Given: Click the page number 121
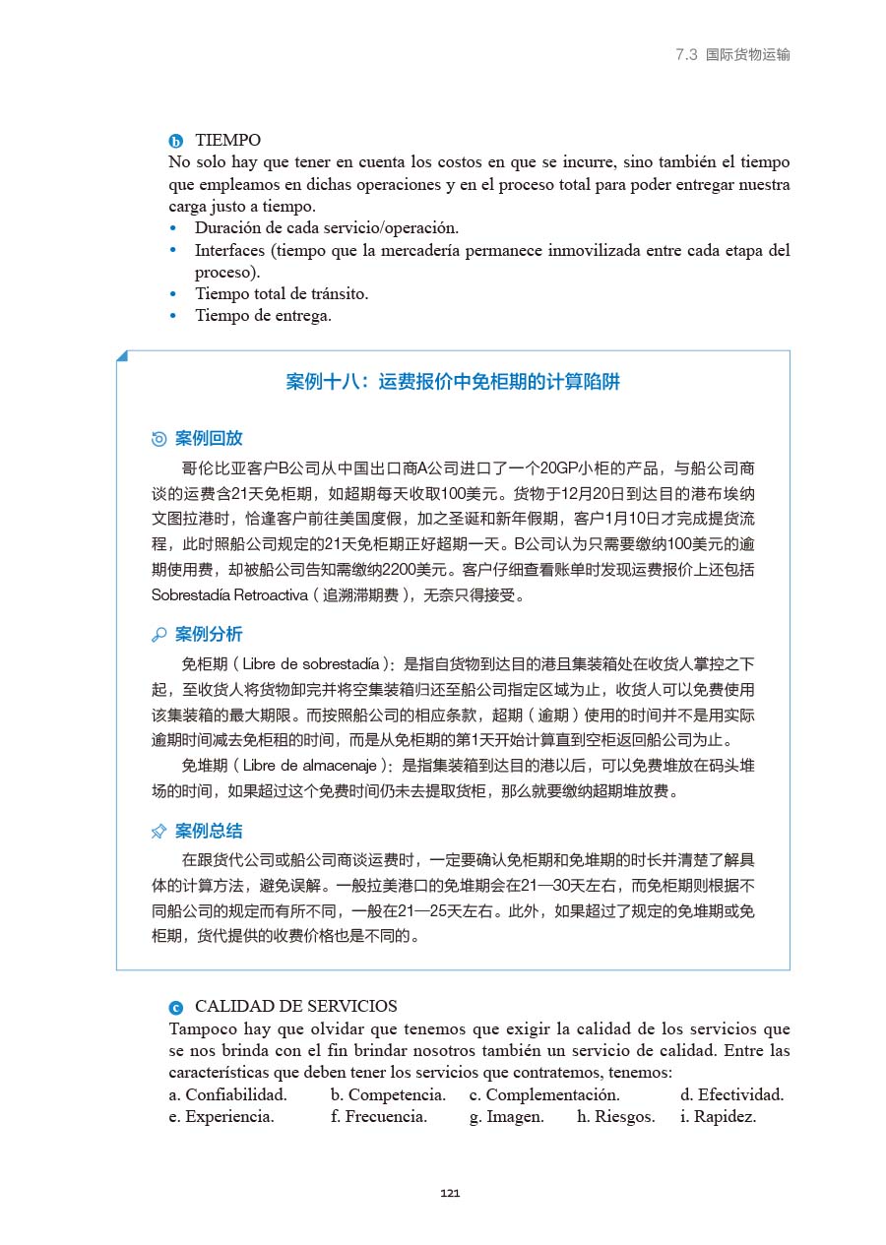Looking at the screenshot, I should coord(450,1194).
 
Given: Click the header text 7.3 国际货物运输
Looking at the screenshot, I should coord(732,55).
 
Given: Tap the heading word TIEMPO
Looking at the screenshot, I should coord(227,141).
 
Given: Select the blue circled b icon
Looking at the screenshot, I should coord(176,142).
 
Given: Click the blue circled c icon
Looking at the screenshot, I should coord(176,1007).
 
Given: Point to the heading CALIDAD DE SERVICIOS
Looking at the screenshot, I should coord(295,1006).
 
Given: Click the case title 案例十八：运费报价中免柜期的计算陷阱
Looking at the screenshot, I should coord(453,382).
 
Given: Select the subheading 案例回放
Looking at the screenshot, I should coord(208,438).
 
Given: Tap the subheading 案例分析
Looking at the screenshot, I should coord(208,634).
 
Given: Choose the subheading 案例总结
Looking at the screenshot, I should coord(208,831).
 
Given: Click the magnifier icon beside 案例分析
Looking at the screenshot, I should coord(159,635).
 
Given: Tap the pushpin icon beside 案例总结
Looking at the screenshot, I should coord(159,832).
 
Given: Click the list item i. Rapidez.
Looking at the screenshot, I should coord(718,1116).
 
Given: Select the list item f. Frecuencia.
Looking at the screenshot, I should coord(379,1116).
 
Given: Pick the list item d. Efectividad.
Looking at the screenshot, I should coord(731,1094).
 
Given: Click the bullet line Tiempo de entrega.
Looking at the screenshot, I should coord(263,316).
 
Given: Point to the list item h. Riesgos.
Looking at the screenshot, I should coord(615,1116).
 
